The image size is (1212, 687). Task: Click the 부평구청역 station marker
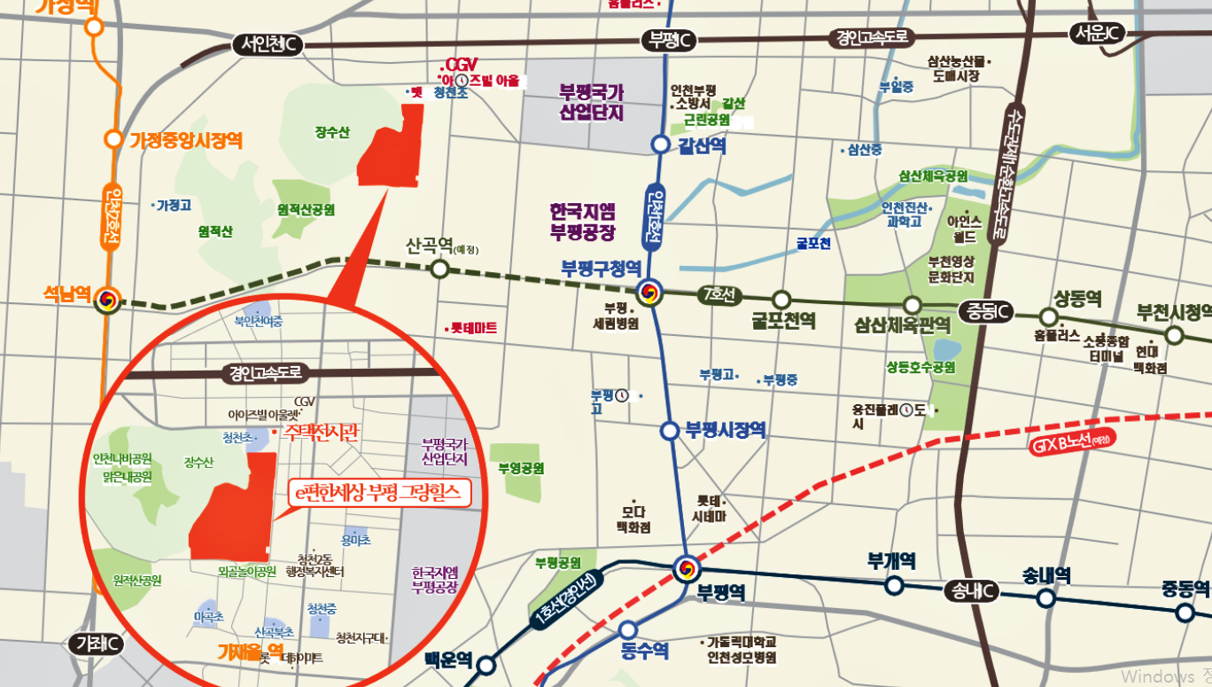[x=649, y=291]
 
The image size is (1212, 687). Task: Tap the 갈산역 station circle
[x=660, y=144]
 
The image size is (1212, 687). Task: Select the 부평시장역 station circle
[x=670, y=431]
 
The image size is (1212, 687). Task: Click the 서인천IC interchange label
[x=269, y=44]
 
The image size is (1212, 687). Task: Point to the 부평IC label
[x=668, y=40]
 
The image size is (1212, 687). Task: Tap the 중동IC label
[x=985, y=311]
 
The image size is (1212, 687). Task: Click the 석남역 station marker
[x=107, y=299]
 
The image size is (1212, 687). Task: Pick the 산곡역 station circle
[x=439, y=269]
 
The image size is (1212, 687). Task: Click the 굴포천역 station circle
[x=781, y=300]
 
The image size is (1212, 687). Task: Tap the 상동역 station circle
[x=1049, y=317]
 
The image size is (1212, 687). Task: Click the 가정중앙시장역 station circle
[x=113, y=139]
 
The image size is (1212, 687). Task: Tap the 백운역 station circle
[x=486, y=665]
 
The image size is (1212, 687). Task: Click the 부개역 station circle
[x=894, y=585]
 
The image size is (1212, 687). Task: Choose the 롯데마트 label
[x=473, y=328]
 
